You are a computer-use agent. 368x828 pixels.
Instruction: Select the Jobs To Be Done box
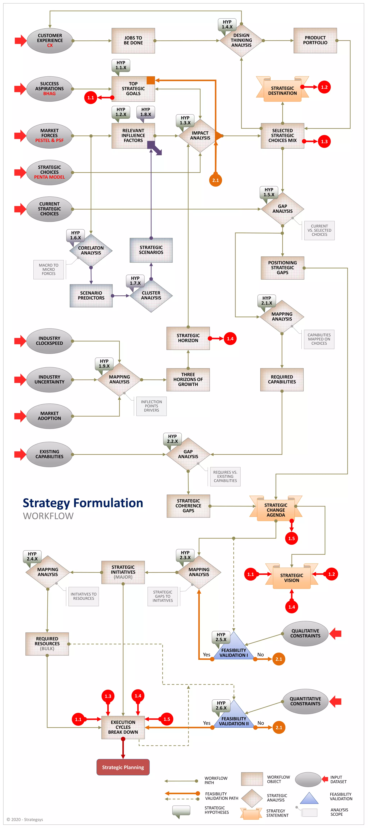pos(133,40)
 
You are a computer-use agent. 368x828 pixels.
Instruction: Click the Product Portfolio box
pos(315,40)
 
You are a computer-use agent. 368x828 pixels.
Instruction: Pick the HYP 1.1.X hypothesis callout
pos(121,65)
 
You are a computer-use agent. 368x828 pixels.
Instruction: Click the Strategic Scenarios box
pos(151,250)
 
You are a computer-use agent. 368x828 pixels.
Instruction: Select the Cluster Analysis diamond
pos(151,295)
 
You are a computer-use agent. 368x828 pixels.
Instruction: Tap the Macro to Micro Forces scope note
pos(49,269)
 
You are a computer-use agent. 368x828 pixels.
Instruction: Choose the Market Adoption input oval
pos(49,416)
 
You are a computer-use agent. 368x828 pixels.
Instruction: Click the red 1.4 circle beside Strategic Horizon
pos(230,339)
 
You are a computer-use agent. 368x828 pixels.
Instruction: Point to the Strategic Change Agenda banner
pos(276,510)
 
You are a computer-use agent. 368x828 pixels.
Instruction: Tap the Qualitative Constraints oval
pos(305,634)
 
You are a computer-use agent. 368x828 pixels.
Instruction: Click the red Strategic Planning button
pos(123,767)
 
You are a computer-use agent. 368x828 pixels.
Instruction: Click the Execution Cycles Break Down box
pos(123,727)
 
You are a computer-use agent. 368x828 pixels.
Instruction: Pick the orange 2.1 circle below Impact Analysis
pos(215,180)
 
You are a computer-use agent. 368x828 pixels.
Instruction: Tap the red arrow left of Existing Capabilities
pos(20,454)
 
